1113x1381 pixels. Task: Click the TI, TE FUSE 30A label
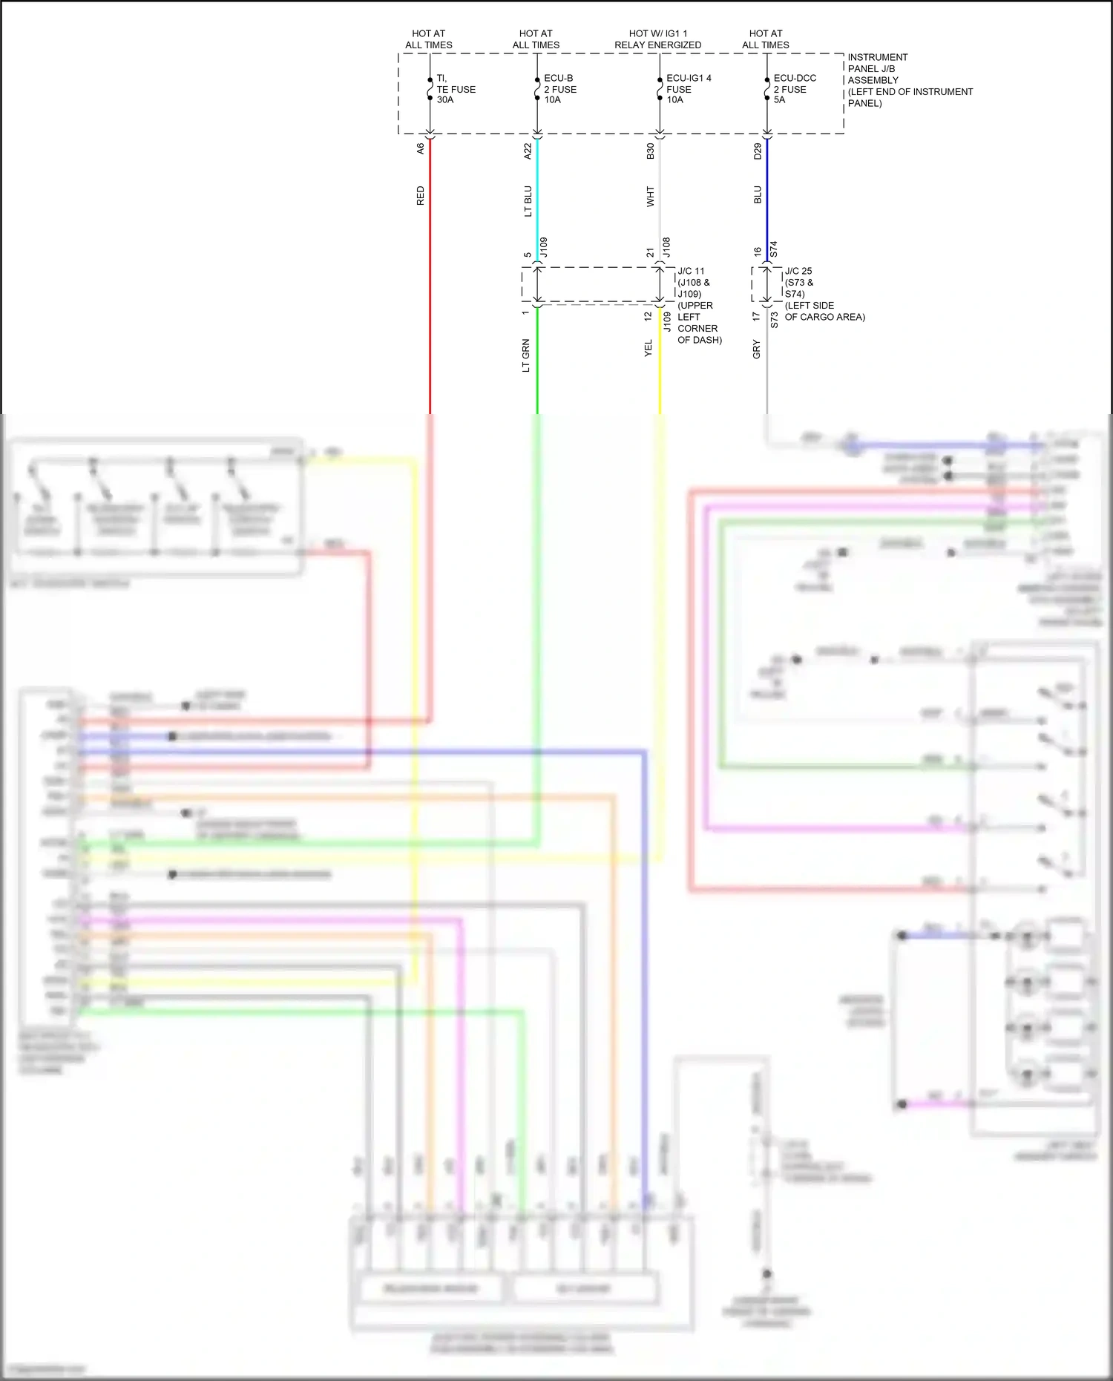456,89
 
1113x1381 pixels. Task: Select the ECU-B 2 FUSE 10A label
560,89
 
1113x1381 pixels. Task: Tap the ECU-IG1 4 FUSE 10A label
688,89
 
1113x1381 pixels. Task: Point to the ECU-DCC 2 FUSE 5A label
794,89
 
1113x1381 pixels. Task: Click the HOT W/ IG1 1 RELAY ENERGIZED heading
657,39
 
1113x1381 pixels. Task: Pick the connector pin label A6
420,148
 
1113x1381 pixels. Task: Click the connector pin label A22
528,151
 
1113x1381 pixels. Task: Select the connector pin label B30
650,151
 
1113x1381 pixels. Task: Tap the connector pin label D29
758,151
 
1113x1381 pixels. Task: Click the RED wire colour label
420,196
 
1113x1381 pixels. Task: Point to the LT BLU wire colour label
528,201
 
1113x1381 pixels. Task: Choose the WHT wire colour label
650,197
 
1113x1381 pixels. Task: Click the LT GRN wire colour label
526,355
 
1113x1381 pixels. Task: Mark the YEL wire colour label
648,348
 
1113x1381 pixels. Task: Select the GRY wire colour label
756,349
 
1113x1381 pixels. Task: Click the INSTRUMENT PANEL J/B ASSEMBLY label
910,80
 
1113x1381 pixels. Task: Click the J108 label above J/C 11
666,247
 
